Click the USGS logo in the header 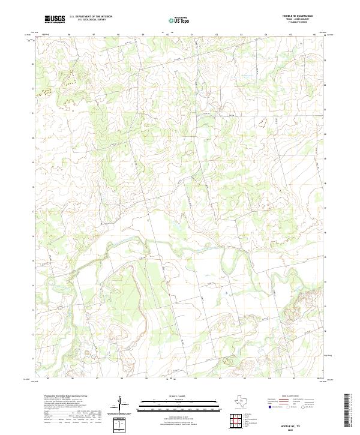(55, 19)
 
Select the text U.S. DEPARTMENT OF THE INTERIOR (91, 17)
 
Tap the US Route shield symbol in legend (288, 407)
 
